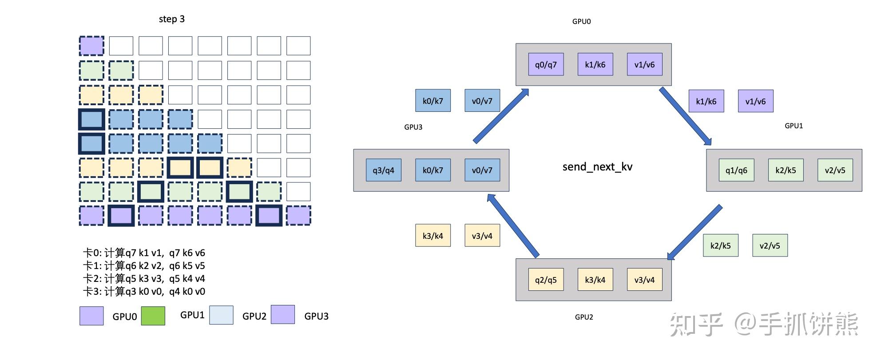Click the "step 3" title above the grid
[x=171, y=19]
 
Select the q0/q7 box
[x=546, y=64]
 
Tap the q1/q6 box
[x=736, y=170]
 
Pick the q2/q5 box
[x=546, y=280]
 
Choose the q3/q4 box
[x=383, y=170]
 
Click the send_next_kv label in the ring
[x=597, y=167]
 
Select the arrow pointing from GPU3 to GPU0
[x=501, y=116]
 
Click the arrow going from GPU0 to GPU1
[x=685, y=116]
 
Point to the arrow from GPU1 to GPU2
[x=694, y=232]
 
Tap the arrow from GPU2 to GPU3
[x=513, y=225]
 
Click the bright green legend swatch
[x=153, y=316]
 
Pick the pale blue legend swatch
[x=221, y=315]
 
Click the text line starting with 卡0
[x=144, y=253]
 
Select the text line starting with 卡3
[x=144, y=292]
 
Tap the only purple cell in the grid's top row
[x=91, y=46]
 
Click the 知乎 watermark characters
[x=696, y=324]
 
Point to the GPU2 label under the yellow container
[x=583, y=317]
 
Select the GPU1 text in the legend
[x=192, y=315]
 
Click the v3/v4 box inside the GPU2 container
[x=644, y=280]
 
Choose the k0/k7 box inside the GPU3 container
[x=433, y=170]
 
